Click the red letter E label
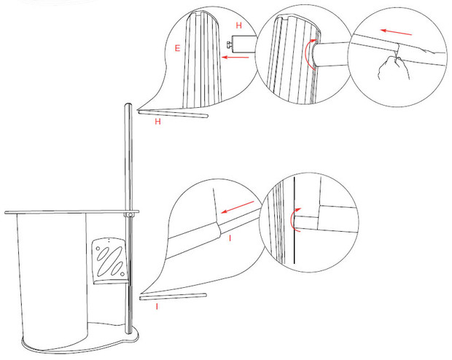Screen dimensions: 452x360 (x=177, y=48)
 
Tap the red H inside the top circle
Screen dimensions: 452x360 (x=238, y=26)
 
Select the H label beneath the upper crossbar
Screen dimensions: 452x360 (x=157, y=122)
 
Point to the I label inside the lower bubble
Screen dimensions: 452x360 (x=230, y=238)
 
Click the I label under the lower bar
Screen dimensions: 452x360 (x=157, y=306)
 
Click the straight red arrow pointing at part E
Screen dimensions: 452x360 (x=235, y=58)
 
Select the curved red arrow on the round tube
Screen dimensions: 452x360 (x=310, y=55)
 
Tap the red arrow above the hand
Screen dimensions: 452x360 (x=396, y=32)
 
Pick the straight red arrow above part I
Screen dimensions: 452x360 (x=237, y=207)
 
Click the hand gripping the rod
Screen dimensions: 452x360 (x=394, y=68)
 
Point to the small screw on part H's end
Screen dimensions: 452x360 (x=230, y=45)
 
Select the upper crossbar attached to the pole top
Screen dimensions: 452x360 (x=173, y=114)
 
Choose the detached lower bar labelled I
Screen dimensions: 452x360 (x=173, y=297)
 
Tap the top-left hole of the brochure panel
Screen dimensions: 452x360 (x=98, y=249)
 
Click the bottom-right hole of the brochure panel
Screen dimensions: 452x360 (x=122, y=273)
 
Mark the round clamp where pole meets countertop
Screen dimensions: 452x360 (x=130, y=215)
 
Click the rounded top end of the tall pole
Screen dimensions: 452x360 (x=128, y=105)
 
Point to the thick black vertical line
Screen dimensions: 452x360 (x=294, y=220)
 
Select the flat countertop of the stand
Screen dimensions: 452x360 (x=71, y=212)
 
